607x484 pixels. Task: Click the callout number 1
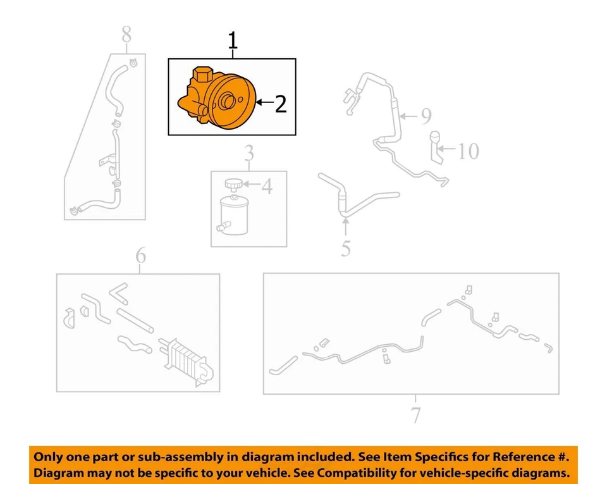pos(233,42)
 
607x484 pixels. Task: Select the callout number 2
pos(281,104)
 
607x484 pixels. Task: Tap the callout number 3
pos(249,153)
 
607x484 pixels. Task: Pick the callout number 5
pos(345,248)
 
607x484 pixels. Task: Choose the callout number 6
pos(140,256)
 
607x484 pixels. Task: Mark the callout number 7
pos(415,416)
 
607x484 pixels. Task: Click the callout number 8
pos(126,34)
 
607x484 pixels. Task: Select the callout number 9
pos(426,116)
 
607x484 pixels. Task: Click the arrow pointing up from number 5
pos(346,226)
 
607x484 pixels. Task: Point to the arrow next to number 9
pos(408,116)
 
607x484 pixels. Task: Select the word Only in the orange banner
pos(48,457)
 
